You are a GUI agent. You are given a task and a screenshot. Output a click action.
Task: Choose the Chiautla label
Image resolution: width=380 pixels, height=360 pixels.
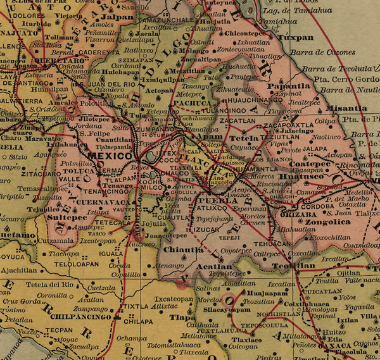[183, 249]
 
